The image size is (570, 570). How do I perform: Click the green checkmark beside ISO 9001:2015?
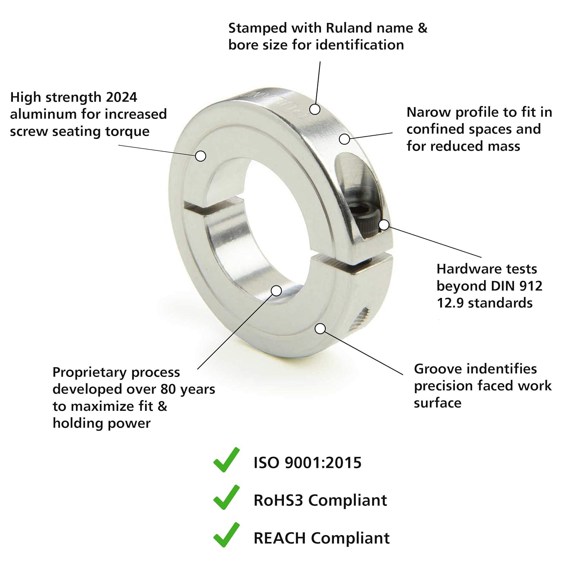226,461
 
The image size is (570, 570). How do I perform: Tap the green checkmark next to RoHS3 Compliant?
226,498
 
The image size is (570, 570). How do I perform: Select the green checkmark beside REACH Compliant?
226,535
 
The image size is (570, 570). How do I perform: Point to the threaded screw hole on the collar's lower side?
361,319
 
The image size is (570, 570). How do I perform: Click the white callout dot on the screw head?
384,225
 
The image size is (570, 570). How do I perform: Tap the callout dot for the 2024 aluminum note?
201,156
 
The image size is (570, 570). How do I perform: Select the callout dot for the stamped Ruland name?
315,109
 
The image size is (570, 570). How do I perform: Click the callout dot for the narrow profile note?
344,139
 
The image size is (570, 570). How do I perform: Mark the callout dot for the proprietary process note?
277,291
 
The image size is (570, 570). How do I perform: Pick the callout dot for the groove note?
321,329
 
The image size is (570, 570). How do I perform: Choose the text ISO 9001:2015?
307,462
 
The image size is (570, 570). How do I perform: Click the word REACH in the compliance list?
279,538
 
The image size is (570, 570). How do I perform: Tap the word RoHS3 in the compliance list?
279,500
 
